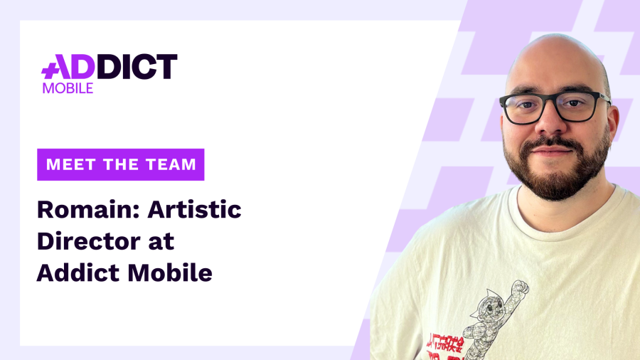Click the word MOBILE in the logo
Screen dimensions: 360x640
click(68, 88)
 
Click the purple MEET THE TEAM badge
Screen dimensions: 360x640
click(121, 164)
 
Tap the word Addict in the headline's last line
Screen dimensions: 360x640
click(74, 272)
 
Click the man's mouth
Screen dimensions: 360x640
click(553, 153)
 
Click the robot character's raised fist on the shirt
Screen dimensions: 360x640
click(521, 287)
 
